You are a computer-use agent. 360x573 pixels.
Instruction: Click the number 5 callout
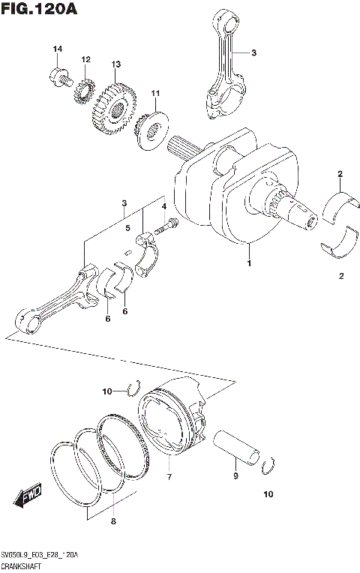[x=128, y=229]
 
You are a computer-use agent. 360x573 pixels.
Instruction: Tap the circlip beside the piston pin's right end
[x=268, y=469]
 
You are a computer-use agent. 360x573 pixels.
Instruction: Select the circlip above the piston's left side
[x=133, y=387]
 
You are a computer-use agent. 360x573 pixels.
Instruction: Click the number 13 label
[x=115, y=64]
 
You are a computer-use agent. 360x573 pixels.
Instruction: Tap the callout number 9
[x=235, y=476]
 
